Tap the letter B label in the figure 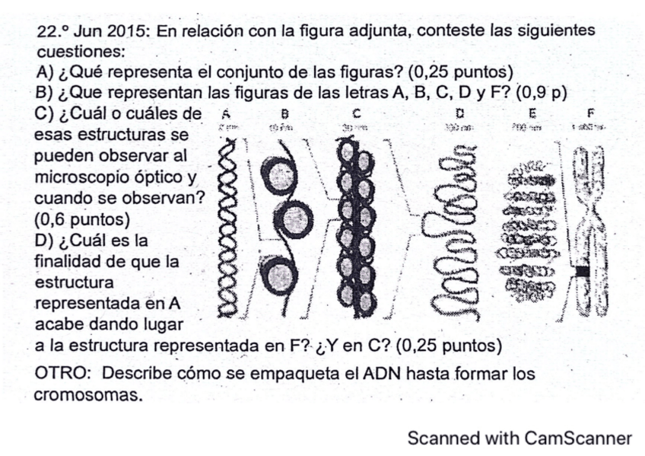[285, 114]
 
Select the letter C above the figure [355, 114]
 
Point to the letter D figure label [459, 114]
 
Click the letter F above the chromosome [591, 114]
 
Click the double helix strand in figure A [227, 228]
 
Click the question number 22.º [52, 33]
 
